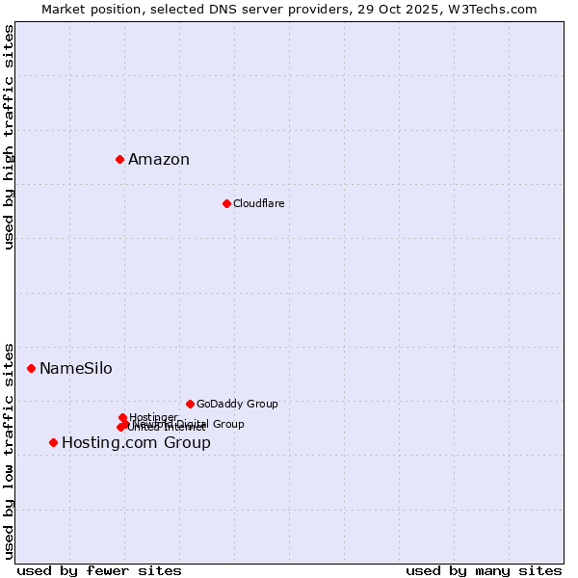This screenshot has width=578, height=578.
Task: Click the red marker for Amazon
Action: tap(119, 159)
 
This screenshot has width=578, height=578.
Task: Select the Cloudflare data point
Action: tap(226, 203)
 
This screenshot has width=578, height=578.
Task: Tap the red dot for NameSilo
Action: tap(31, 368)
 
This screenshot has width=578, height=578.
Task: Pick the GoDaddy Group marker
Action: tap(190, 404)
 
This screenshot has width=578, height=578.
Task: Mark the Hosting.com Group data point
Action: tap(53, 442)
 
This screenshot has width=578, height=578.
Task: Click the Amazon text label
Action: tap(159, 160)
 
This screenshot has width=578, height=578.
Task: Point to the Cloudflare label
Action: tap(258, 203)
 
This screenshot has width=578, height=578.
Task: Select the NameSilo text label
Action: tap(75, 369)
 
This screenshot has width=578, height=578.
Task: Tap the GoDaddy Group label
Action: tap(237, 405)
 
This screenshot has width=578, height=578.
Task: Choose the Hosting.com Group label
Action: tap(136, 443)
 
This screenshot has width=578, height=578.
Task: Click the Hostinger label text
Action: tap(153, 417)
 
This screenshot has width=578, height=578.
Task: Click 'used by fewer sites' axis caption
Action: tap(99, 570)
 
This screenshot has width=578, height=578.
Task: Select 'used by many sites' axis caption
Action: tap(484, 570)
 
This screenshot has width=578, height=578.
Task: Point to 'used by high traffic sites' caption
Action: tap(10, 137)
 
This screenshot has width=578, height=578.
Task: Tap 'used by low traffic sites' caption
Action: tap(10, 450)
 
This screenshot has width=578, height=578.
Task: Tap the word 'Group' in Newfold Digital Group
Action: tap(227, 424)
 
